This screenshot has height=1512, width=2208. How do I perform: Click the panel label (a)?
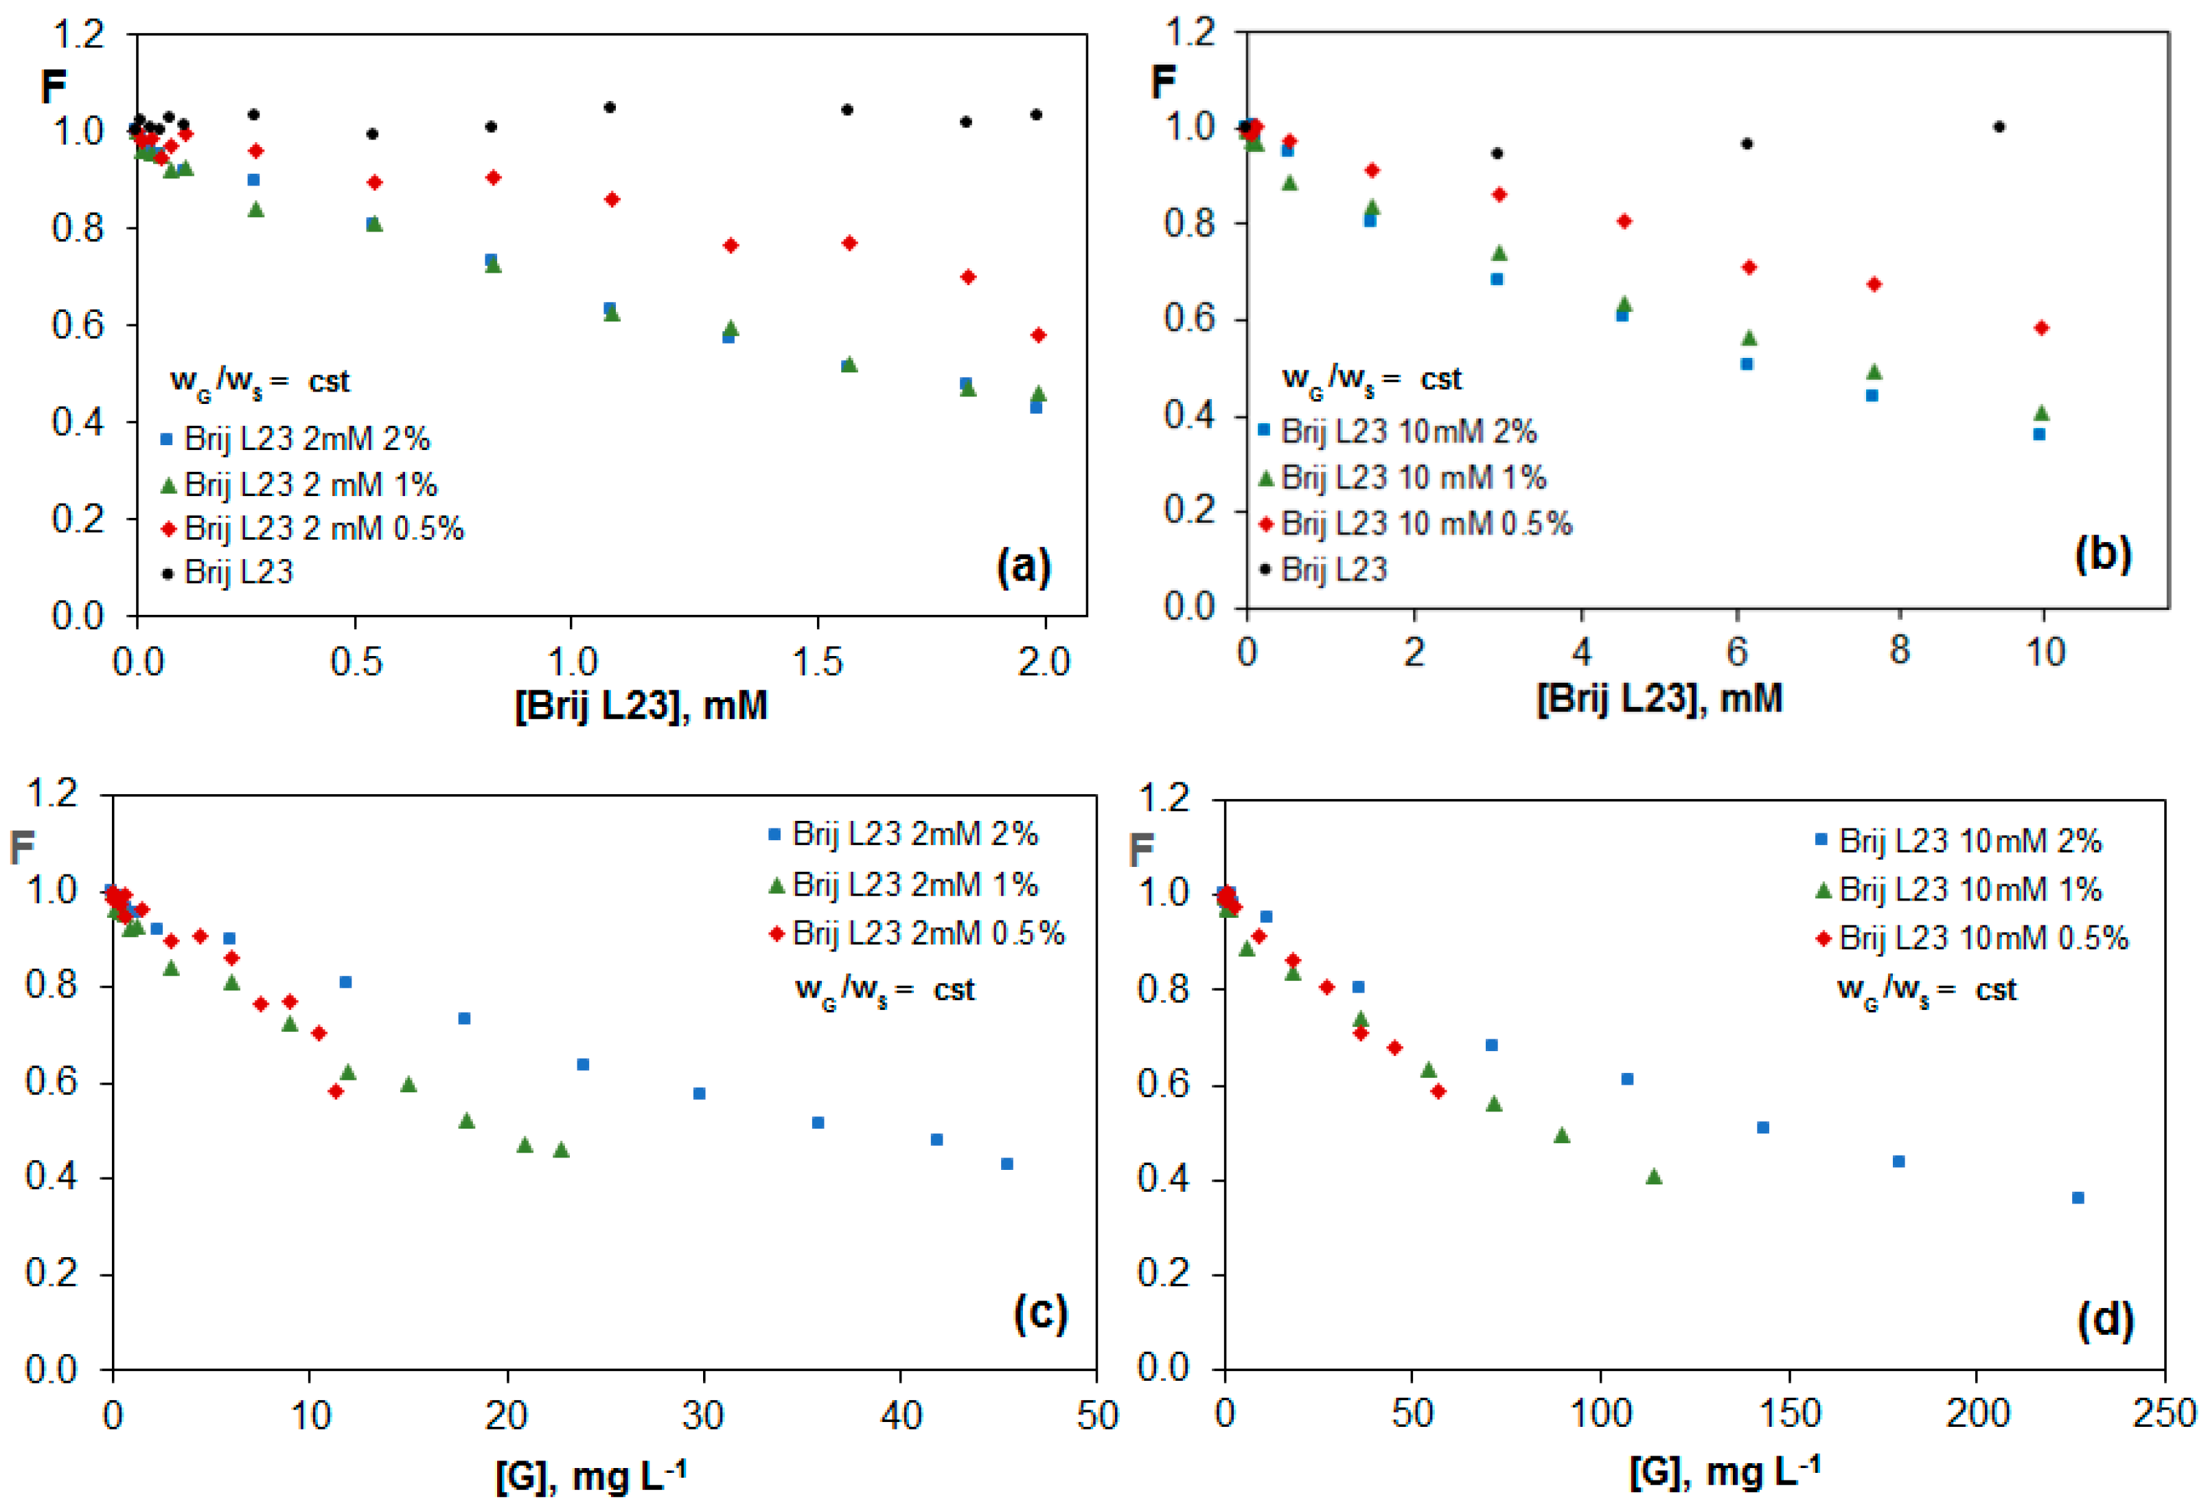point(1023,567)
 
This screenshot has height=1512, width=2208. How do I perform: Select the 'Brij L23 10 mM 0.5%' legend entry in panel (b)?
point(1416,523)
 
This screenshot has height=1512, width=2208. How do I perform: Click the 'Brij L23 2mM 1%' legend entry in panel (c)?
point(903,885)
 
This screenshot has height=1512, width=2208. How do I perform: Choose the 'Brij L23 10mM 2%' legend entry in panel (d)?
point(1957,840)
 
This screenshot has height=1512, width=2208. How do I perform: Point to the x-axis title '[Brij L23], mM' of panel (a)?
point(641,705)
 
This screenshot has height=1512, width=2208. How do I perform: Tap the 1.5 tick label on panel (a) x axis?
point(817,662)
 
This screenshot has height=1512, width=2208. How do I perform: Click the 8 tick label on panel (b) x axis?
point(1898,651)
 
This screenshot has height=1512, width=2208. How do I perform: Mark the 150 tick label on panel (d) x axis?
point(1790,1413)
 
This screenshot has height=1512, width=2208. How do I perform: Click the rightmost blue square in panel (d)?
point(2078,1197)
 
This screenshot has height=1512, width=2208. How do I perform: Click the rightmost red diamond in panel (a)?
point(1039,335)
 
